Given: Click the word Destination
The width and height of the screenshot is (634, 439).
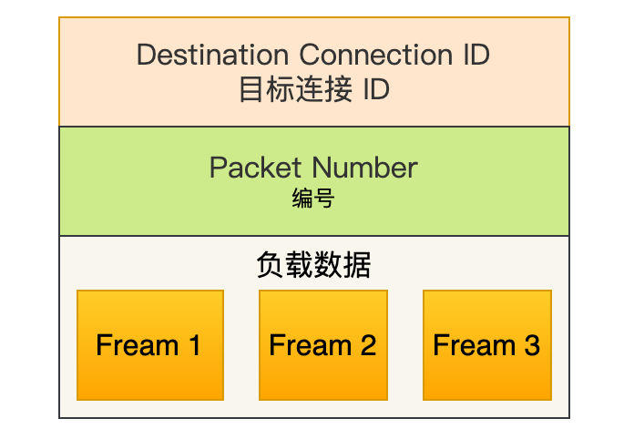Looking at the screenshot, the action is click(x=212, y=55).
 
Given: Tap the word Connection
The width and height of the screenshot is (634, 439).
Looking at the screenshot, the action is click(x=375, y=55).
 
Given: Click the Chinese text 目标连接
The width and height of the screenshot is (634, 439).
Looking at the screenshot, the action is click(x=295, y=89).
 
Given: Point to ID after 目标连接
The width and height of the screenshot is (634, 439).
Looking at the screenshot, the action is click(x=376, y=89).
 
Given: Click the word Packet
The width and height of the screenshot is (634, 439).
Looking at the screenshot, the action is click(x=256, y=168).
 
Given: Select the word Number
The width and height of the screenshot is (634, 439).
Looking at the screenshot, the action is click(x=365, y=168).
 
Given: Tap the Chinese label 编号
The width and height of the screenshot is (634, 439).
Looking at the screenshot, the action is click(x=313, y=198).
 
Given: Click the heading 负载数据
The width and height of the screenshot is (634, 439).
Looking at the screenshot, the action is click(x=313, y=265).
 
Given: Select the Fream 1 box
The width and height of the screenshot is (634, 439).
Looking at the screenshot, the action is click(x=150, y=345).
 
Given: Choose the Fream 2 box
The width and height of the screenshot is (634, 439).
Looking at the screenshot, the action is click(x=323, y=345).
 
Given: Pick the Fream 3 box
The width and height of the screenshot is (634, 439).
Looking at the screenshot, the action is click(x=487, y=345).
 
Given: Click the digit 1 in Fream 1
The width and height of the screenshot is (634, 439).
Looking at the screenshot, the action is click(x=195, y=345).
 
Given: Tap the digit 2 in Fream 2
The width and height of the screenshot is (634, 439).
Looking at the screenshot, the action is click(x=368, y=345).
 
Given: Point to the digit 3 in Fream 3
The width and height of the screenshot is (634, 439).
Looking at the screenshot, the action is click(x=532, y=345).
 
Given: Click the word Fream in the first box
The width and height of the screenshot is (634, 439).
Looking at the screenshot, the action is click(x=138, y=345).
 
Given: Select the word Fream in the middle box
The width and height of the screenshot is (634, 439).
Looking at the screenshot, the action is click(x=311, y=345).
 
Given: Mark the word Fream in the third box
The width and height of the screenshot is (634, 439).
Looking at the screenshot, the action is click(x=475, y=345).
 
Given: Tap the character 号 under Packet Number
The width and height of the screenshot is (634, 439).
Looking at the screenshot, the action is click(x=324, y=198).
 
